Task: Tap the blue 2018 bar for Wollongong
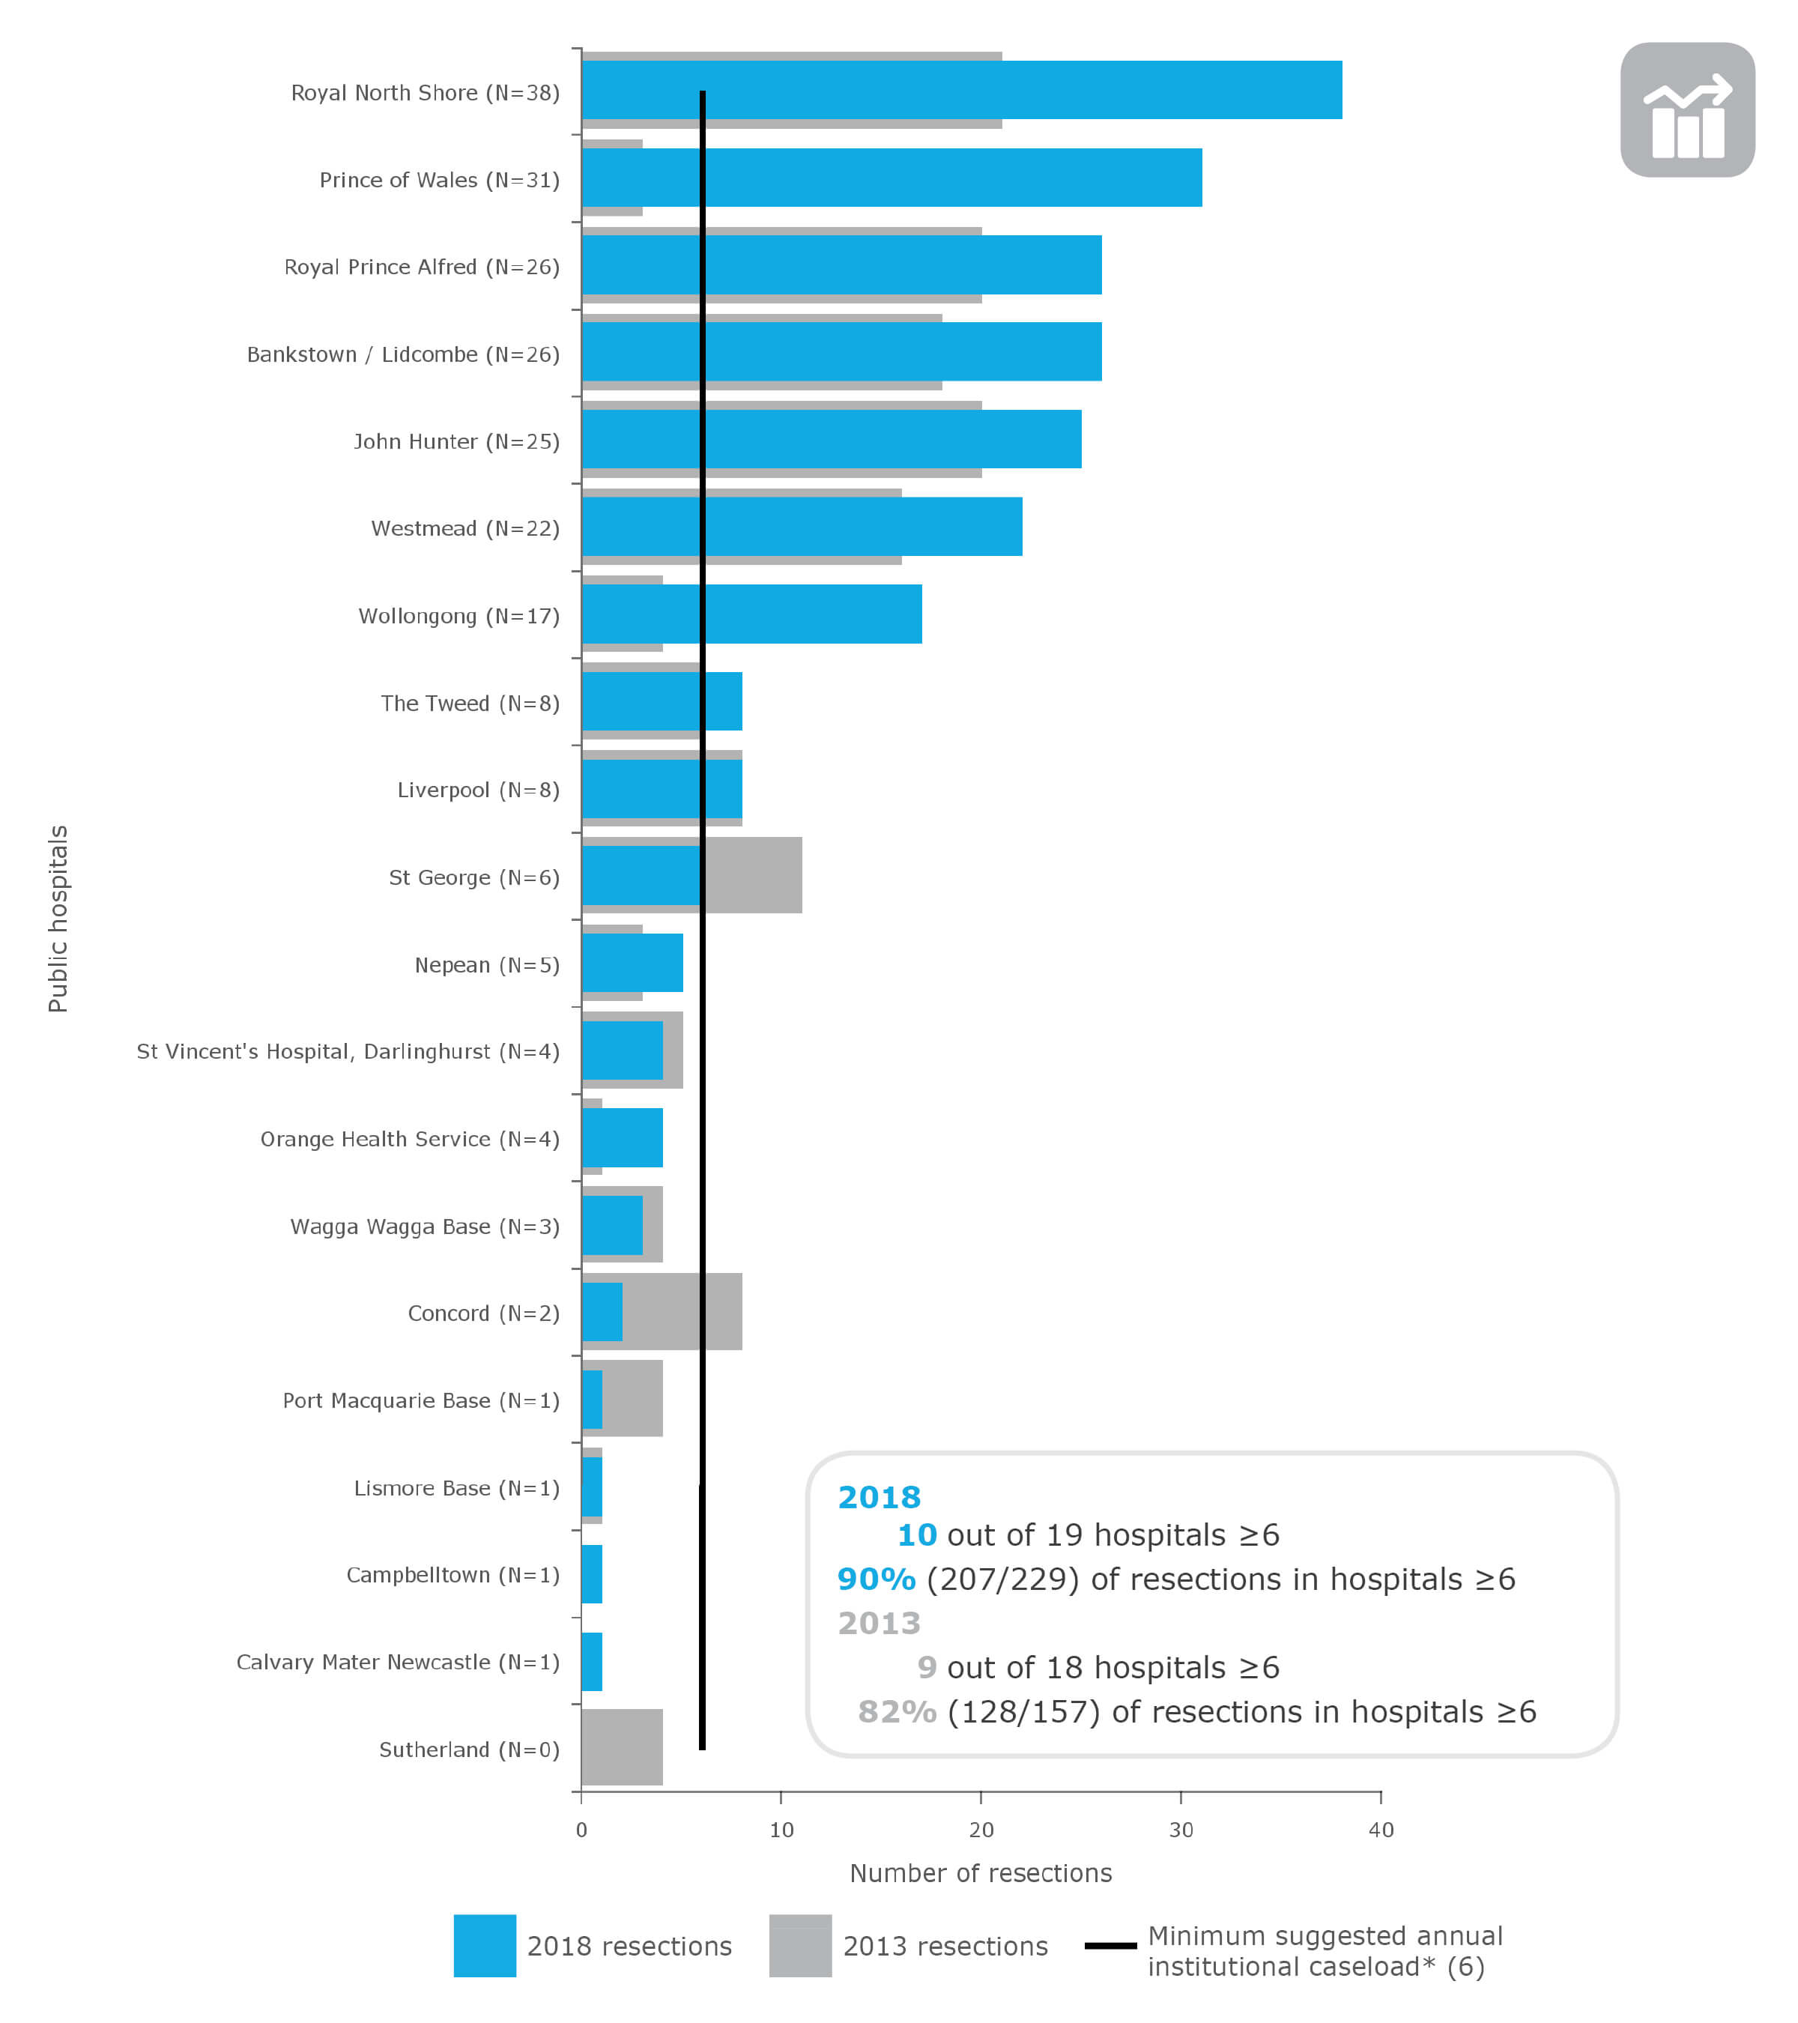pyautogui.click(x=811, y=614)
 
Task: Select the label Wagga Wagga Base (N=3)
pyautogui.click(x=425, y=1227)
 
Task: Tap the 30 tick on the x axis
pyautogui.click(x=1181, y=1830)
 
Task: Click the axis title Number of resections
pyautogui.click(x=981, y=1874)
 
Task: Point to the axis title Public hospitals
pyautogui.click(x=58, y=919)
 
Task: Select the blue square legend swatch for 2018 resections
pyautogui.click(x=485, y=1946)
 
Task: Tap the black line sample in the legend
pyautogui.click(x=1110, y=1946)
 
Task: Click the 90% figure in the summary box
pyautogui.click(x=876, y=1579)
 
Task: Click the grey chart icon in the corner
pyautogui.click(x=1687, y=110)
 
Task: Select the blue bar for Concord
pyautogui.click(x=602, y=1313)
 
